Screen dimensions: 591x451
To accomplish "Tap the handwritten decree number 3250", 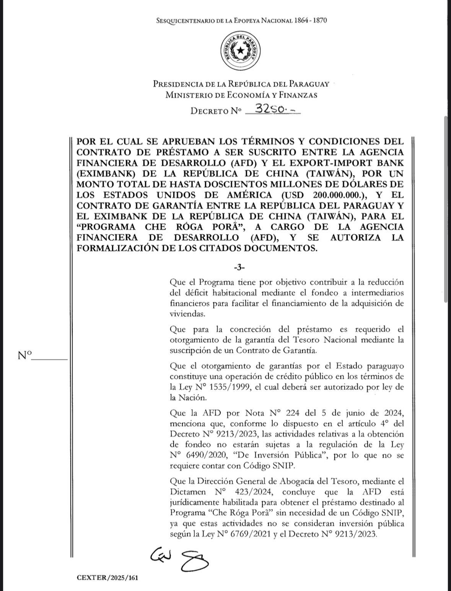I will click(273, 109).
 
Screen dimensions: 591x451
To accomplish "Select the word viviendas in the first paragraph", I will click(186, 314).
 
